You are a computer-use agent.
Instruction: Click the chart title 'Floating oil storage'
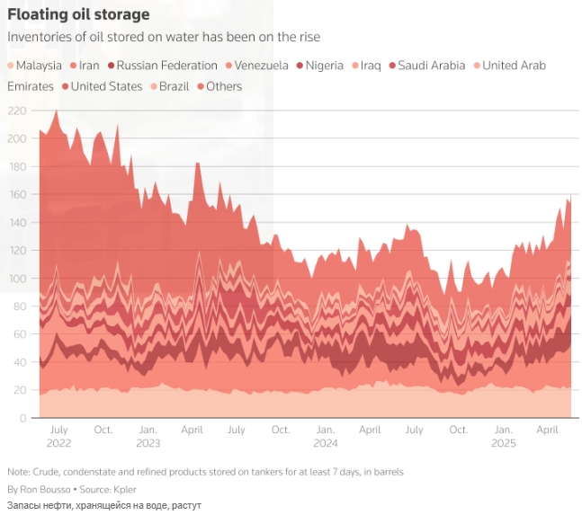[78, 15]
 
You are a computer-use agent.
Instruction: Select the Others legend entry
[224, 86]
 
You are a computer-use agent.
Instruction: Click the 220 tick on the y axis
[17, 111]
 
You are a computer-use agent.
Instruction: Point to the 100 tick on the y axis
[17, 279]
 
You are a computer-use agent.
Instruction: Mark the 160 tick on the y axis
[17, 195]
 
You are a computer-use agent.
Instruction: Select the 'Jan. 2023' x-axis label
[148, 437]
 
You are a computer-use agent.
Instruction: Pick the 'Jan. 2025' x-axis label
[504, 437]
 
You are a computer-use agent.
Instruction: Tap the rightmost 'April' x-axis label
[548, 431]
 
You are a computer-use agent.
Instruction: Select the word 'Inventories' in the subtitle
[36, 37]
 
